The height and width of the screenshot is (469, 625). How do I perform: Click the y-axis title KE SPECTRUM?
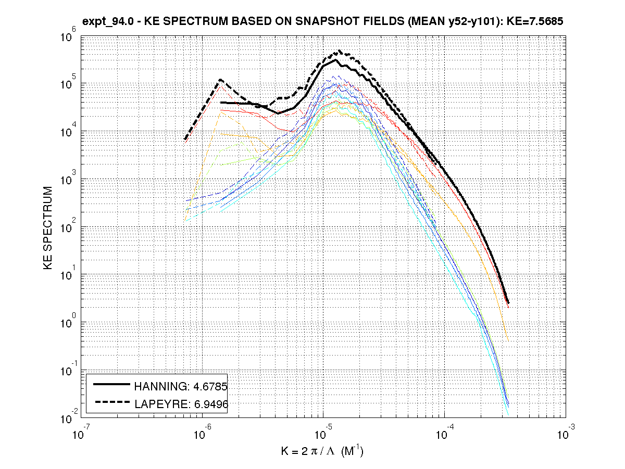click(x=48, y=227)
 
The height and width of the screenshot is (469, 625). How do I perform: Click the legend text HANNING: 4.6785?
click(x=181, y=386)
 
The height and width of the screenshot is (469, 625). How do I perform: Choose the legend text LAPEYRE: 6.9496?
click(x=181, y=403)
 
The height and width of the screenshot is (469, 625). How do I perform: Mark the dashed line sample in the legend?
click(x=111, y=402)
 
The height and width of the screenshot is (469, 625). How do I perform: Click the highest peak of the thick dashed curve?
click(x=340, y=50)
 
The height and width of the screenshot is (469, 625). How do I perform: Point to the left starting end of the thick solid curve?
click(x=221, y=103)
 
